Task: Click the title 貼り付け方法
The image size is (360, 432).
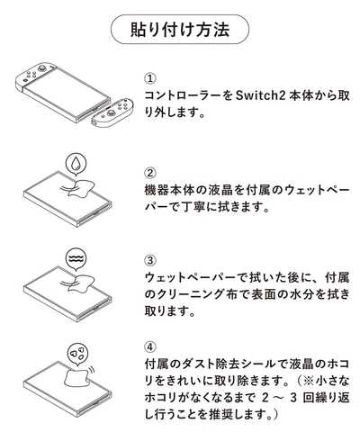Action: coord(180,30)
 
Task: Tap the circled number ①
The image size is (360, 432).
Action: coord(150,78)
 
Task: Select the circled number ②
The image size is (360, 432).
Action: coord(150,173)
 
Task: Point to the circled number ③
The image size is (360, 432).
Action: coord(150,260)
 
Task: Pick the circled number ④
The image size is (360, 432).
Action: coord(150,347)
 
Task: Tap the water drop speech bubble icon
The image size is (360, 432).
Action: coord(76,164)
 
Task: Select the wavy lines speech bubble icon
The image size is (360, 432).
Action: coord(76,259)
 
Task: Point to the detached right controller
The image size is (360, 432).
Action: coord(112,112)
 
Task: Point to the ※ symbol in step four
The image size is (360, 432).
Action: coord(309,382)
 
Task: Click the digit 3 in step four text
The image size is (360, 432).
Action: coord(293,398)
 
